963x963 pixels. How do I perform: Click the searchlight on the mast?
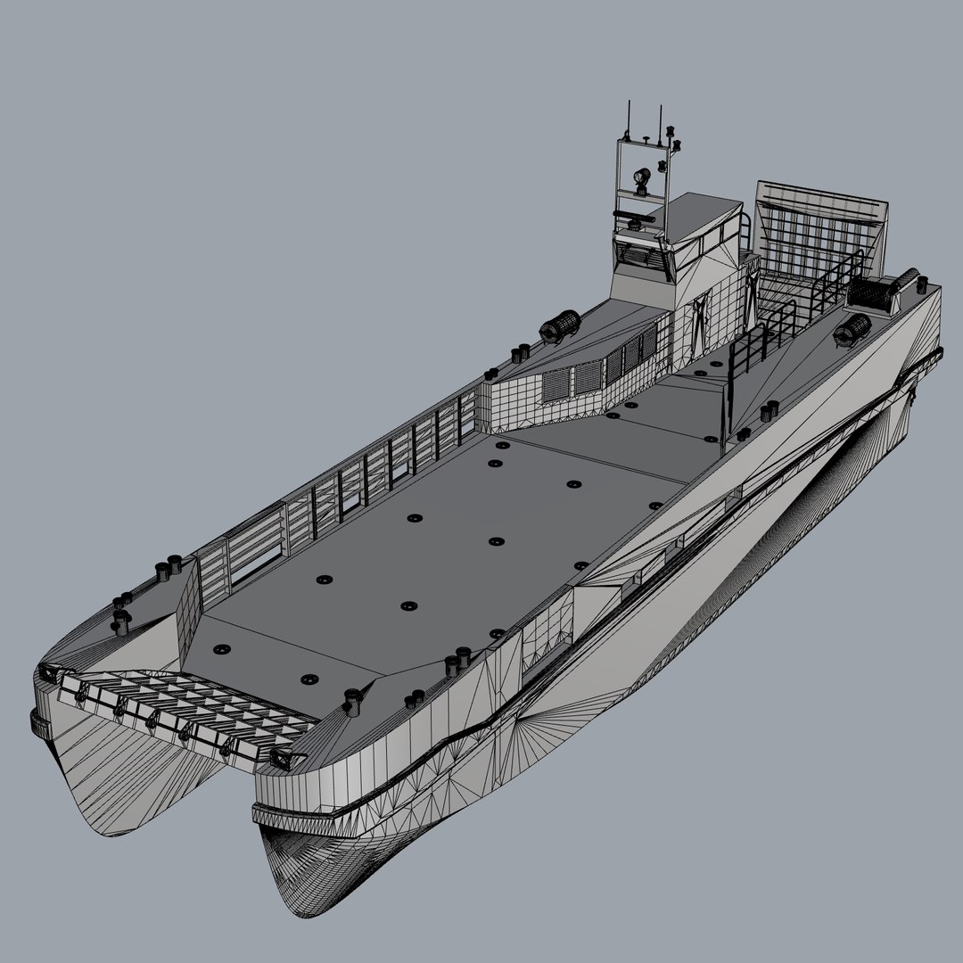pos(640,179)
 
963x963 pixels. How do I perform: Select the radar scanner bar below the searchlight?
pos(635,215)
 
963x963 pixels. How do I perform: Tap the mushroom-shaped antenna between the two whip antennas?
pos(644,140)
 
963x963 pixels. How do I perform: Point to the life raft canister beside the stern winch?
pos(852,329)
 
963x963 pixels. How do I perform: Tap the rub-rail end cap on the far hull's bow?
pos(37,720)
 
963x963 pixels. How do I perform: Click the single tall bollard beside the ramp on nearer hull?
pos(351,699)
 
